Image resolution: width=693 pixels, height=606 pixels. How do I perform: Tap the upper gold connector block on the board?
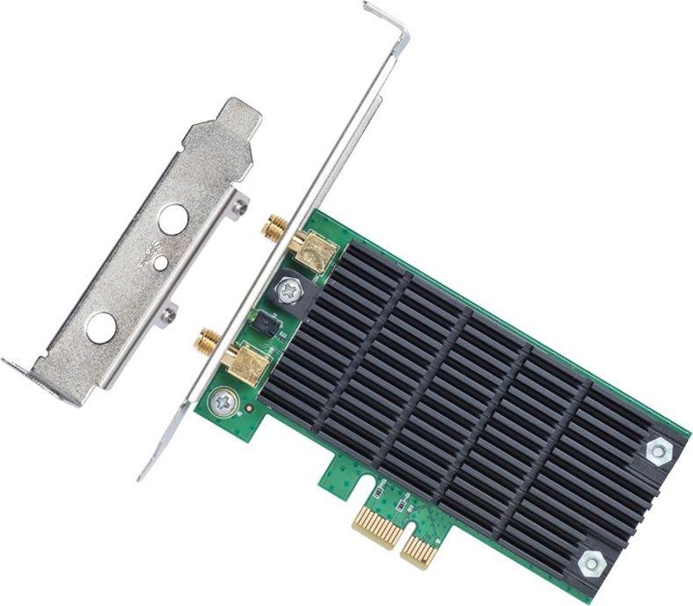[x=314, y=252]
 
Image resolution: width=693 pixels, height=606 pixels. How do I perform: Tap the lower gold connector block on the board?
[x=246, y=362]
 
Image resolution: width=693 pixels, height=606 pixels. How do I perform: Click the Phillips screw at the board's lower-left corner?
[x=221, y=403]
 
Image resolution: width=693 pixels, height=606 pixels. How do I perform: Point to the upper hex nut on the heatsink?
[x=656, y=451]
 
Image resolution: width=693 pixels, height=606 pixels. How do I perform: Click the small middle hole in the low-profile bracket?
[x=159, y=262]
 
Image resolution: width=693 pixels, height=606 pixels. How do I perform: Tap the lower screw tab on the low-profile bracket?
[x=168, y=312]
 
